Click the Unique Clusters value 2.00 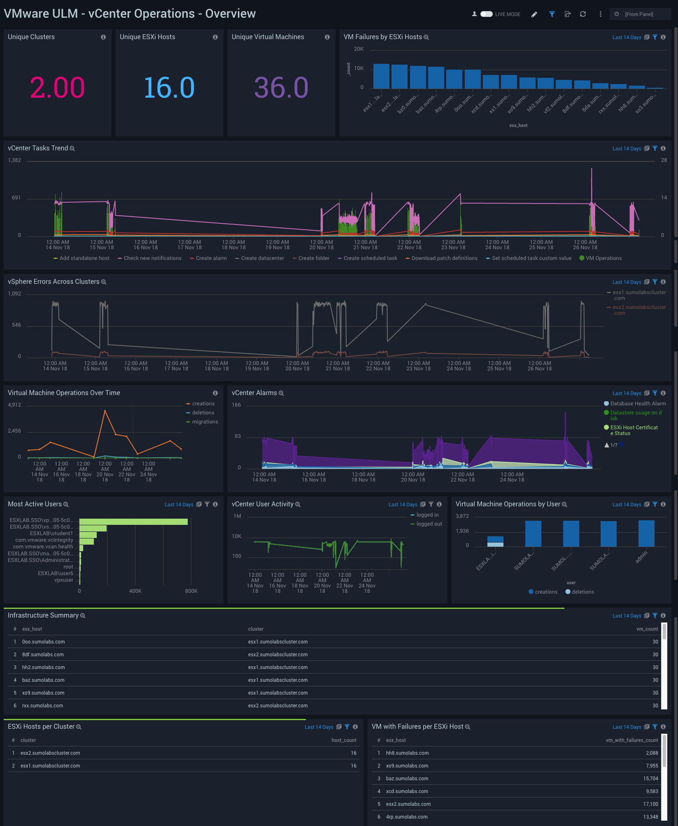tap(57, 88)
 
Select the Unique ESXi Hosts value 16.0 tap(169, 88)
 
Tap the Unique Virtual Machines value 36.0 tap(281, 88)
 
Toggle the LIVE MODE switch tap(486, 14)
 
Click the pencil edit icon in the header tap(534, 14)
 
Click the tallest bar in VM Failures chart tap(381, 76)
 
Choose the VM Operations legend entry tap(603, 258)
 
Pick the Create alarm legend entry tap(211, 258)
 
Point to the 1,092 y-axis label tap(14, 294)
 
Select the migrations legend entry tap(205, 422)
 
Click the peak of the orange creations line tap(105, 411)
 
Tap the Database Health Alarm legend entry tap(638, 404)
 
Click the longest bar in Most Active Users tap(133, 522)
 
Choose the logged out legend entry tap(429, 524)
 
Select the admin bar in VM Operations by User tap(646, 534)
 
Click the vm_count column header tap(647, 629)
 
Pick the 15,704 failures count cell tap(650, 779)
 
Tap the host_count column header tap(344, 740)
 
